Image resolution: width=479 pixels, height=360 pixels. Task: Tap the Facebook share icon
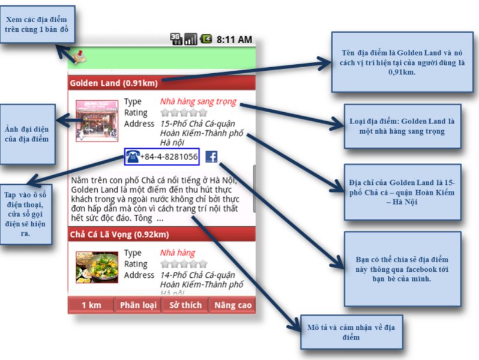click(x=211, y=157)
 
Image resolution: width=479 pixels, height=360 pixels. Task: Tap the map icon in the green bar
click(x=77, y=56)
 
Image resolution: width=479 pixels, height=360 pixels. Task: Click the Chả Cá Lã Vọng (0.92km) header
click(x=119, y=234)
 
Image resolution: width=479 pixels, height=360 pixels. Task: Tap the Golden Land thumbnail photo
click(x=96, y=121)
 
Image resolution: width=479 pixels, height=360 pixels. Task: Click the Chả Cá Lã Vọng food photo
click(x=96, y=268)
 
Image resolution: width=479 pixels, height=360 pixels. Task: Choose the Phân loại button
click(x=138, y=305)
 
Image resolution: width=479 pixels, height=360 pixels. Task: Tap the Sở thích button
click(x=185, y=305)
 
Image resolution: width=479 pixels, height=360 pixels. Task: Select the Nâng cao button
click(x=233, y=305)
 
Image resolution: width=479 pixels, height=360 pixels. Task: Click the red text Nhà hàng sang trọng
click(x=198, y=101)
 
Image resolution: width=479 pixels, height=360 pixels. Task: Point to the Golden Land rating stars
click(x=184, y=112)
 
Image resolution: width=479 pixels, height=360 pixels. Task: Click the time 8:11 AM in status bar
click(x=234, y=40)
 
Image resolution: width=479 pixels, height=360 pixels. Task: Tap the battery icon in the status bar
click(x=206, y=40)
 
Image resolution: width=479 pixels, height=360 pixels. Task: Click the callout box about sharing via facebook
click(x=402, y=268)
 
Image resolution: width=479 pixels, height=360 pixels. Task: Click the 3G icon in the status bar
click(x=176, y=40)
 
